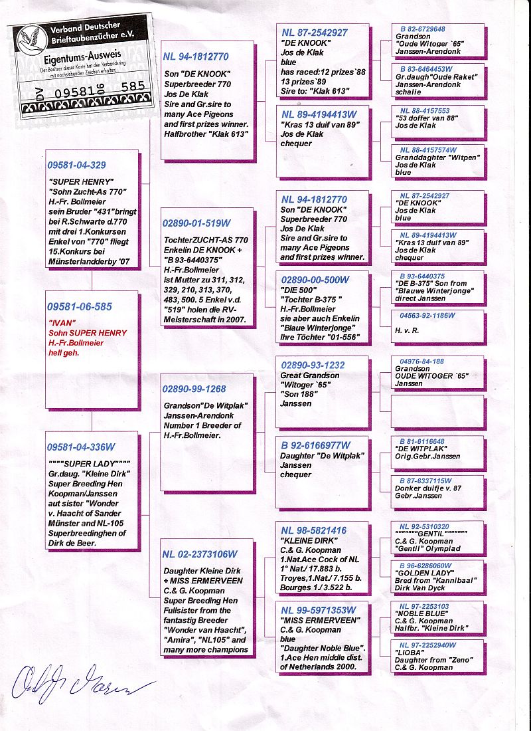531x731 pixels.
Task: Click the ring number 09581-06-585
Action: [80, 307]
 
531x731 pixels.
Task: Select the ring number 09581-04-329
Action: [77, 165]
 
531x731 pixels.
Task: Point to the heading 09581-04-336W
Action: [81, 447]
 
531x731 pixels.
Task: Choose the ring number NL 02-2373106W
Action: [200, 554]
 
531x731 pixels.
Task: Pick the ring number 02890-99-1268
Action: [194, 389]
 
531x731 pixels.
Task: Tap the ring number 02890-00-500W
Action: [315, 280]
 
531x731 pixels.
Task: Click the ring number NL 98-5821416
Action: [314, 530]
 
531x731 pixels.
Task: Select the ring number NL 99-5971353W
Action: [319, 610]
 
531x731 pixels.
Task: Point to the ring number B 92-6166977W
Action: [315, 445]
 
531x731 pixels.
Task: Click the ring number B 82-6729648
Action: [423, 29]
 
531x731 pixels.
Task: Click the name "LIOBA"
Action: [411, 653]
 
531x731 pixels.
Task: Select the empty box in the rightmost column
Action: [437, 411]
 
